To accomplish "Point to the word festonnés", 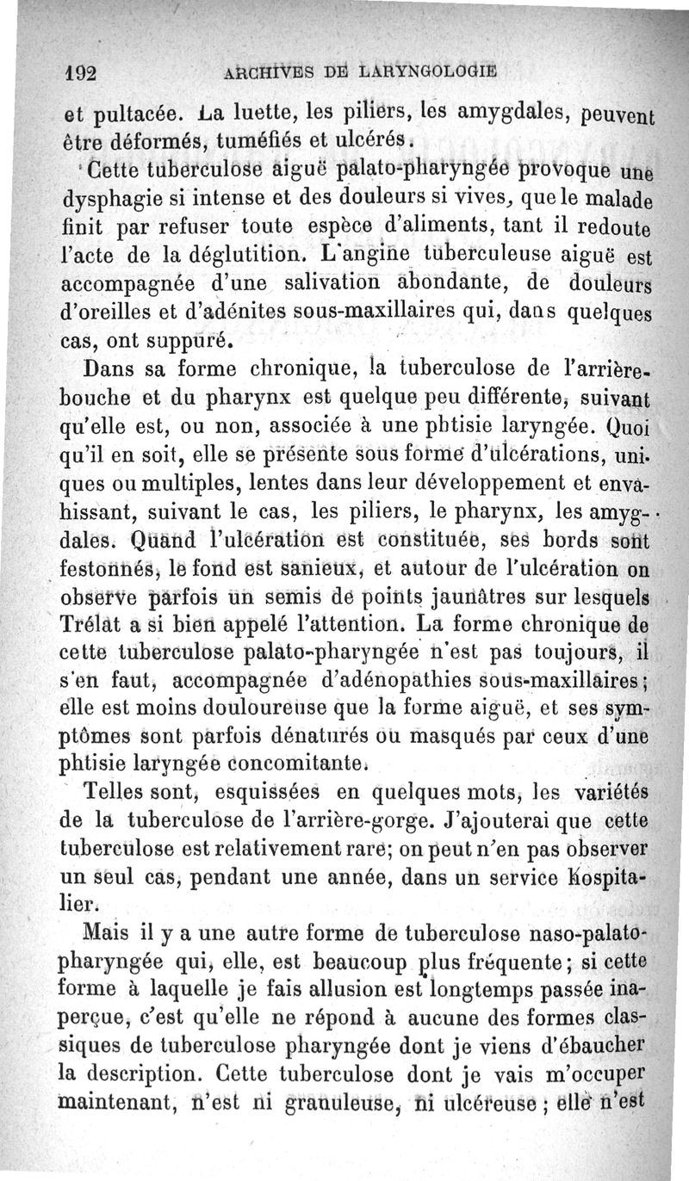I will tap(108, 568).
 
